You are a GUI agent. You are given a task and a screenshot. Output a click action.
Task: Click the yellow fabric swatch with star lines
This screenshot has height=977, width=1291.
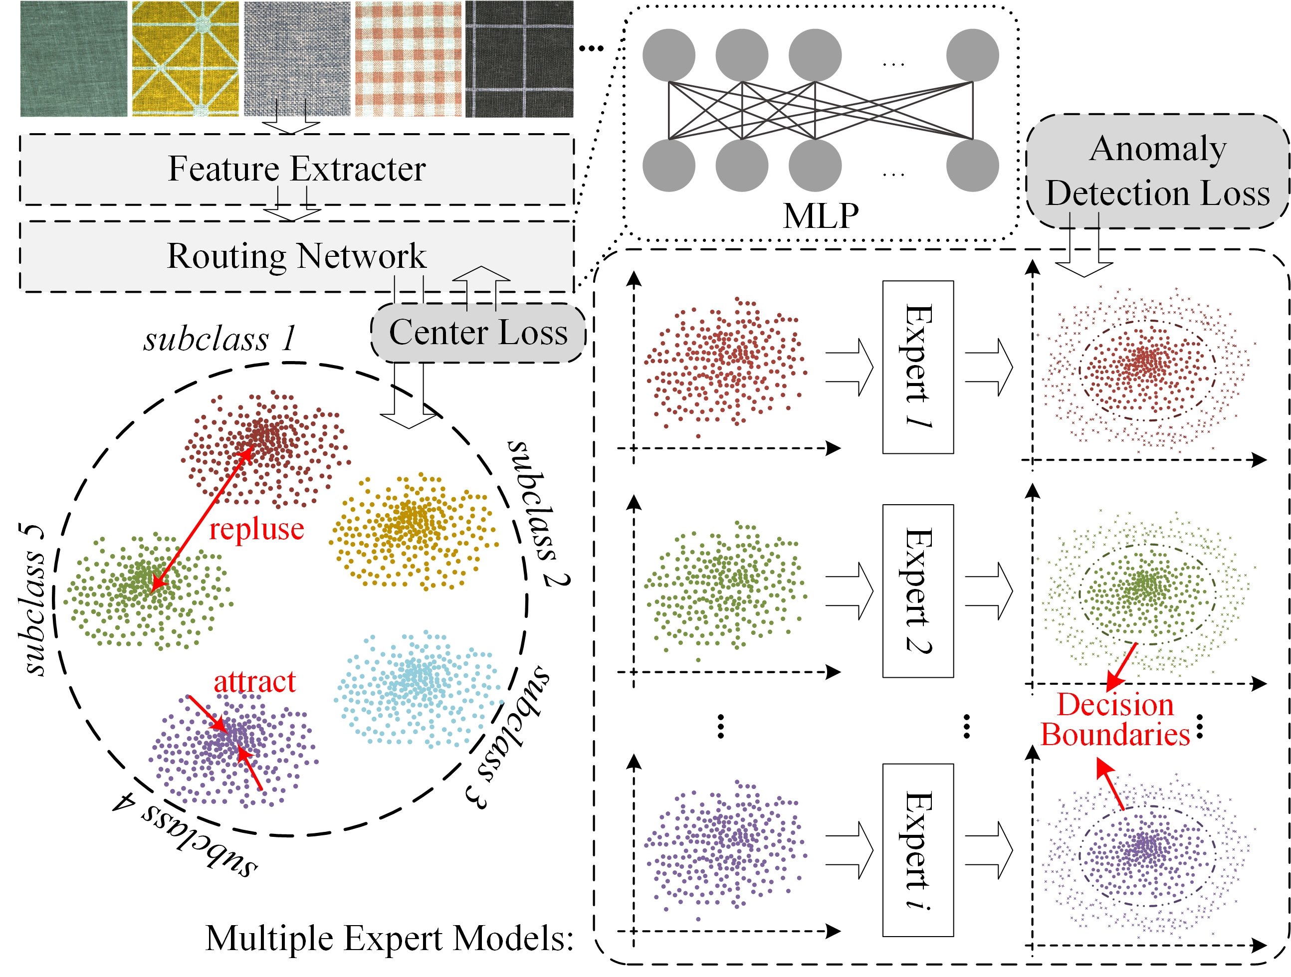pos(185,58)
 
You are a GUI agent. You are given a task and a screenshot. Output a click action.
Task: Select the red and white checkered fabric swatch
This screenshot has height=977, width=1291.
pos(408,58)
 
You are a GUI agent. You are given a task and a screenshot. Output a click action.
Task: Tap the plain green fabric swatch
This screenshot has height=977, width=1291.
pos(73,58)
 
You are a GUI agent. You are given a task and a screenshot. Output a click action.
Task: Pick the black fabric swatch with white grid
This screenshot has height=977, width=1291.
pos(519,58)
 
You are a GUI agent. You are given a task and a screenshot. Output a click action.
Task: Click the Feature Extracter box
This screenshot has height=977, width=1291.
pos(296,169)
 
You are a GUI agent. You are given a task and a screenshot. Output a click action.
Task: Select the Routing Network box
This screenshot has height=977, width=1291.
pos(296,256)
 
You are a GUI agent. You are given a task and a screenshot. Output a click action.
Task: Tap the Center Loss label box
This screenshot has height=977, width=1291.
pos(478,333)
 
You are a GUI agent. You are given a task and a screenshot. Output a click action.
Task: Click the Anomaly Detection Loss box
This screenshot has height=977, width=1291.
pos(1157,171)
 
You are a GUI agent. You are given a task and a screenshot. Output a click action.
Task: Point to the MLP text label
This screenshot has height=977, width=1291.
pos(821,216)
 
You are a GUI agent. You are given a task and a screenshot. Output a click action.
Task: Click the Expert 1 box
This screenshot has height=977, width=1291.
pos(918,367)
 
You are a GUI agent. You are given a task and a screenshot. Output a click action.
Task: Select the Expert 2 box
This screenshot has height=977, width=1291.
pos(918,590)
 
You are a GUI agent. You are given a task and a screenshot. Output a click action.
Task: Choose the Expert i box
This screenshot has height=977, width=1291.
pos(918,850)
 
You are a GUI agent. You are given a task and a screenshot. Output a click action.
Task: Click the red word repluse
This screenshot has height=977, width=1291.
pos(257,529)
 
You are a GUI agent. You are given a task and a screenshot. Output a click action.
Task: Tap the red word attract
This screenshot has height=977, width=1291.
pos(254,682)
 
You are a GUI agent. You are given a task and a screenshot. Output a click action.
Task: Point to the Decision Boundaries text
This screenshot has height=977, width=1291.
pos(1115,720)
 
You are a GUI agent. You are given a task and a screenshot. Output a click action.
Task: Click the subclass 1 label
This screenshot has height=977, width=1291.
pos(219,339)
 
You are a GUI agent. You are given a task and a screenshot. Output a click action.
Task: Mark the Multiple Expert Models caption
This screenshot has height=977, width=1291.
pos(389,939)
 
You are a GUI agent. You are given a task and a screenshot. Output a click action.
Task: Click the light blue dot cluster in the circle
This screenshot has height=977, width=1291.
pos(418,689)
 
